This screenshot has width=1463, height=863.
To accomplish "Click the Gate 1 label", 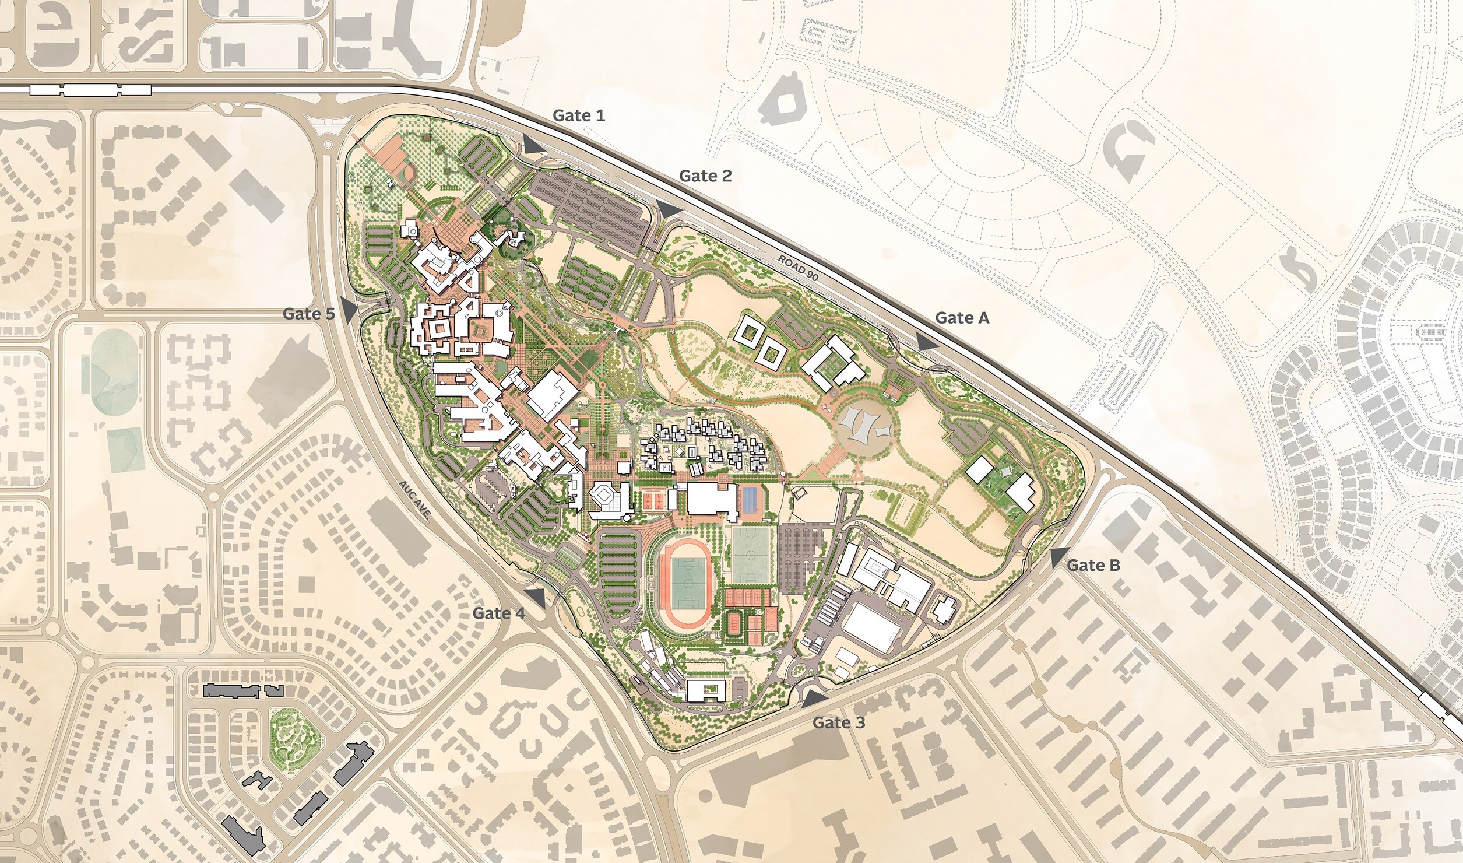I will coord(579,115).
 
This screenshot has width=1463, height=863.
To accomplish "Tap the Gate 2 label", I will coord(705,176).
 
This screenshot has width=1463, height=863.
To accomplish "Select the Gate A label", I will coord(962,318).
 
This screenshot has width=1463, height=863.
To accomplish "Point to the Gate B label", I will coord(1093,565).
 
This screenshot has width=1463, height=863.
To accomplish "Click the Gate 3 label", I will coord(839,723).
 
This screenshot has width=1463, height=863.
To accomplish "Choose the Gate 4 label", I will coord(498,613).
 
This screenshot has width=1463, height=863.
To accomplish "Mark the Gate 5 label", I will coord(308,314).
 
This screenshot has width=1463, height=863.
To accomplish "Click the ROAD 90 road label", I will coord(799,268).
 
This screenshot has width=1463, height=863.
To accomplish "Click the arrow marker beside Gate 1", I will coord(532,145).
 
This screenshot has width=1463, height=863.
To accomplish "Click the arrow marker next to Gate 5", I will coord(349,311).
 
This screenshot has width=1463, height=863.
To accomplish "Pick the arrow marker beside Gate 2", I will coord(669,209).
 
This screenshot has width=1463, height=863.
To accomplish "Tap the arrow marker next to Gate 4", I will coord(536,598).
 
